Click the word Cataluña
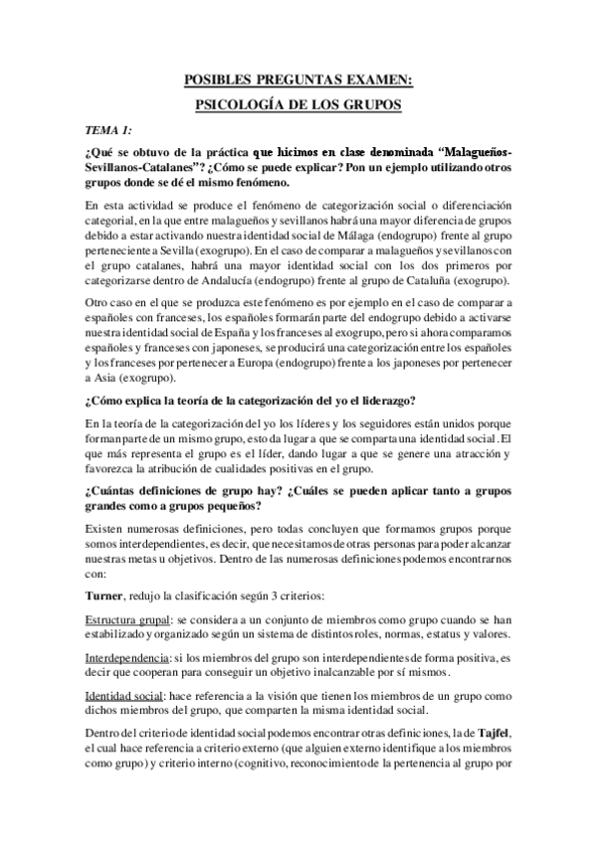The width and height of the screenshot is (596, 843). point(412,281)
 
